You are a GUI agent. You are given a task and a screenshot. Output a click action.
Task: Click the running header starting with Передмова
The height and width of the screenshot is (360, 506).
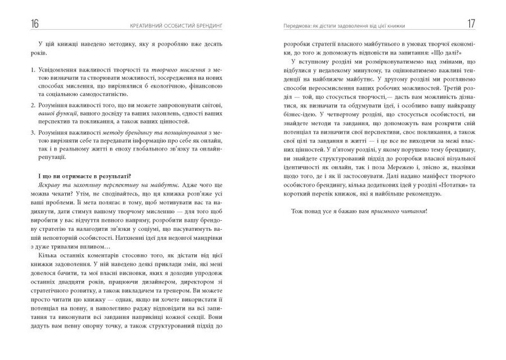[x=338, y=26]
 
